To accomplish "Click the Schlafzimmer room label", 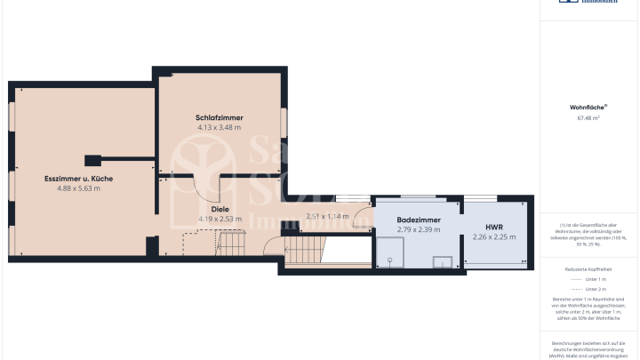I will pos(220,118).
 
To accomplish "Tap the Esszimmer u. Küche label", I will pos(78,179).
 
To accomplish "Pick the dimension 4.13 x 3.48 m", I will pos(220,128).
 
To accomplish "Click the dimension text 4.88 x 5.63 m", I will pos(78,188).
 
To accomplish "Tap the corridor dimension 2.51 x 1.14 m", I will pos(326,216).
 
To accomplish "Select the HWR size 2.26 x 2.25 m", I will pos(493,236).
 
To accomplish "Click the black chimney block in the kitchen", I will pos(92,161).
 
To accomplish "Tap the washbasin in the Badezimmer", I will pos(442,261).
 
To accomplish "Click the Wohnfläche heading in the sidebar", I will pos(588,108).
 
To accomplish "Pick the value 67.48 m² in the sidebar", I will pos(588,116).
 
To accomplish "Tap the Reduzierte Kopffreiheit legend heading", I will pos(588,268).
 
